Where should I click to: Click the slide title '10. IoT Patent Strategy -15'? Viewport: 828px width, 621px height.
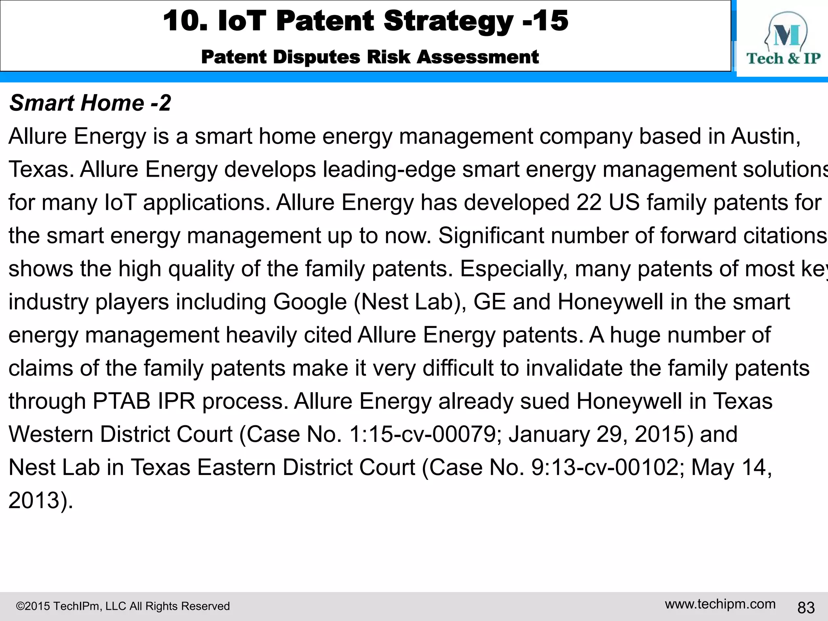[x=365, y=21]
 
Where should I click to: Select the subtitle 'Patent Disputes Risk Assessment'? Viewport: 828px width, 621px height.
[x=370, y=57]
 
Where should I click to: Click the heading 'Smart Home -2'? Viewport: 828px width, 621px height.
[x=90, y=103]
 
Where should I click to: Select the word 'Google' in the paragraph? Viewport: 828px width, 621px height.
[x=310, y=302]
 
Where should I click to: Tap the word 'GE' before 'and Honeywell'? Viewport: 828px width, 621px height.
[x=489, y=302]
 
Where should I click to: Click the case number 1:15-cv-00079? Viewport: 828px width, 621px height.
[x=422, y=435]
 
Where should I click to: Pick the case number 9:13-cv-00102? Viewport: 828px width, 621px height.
[x=605, y=468]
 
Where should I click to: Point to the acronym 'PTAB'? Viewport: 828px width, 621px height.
[x=122, y=401]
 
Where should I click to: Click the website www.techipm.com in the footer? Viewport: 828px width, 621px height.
[x=720, y=604]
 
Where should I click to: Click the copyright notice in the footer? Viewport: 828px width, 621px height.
[x=123, y=606]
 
